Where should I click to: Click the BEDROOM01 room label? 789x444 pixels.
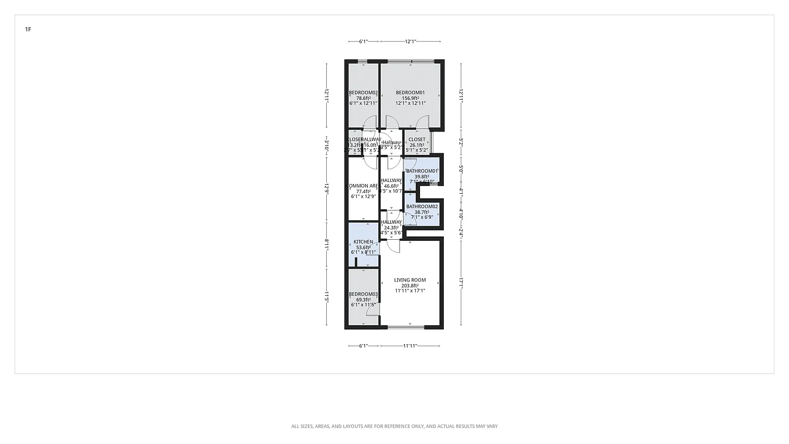coord(410,93)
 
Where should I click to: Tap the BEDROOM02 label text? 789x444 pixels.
coord(363,93)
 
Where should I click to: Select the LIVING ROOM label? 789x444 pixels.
coord(410,280)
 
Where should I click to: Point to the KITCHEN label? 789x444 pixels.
coord(363,242)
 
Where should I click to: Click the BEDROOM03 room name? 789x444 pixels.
coord(363,294)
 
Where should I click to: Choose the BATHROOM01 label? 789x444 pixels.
coord(422,171)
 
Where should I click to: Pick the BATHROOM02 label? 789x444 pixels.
coord(422,206)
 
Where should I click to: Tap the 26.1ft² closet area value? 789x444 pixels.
coord(417,145)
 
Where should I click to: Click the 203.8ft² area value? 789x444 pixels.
coord(410,286)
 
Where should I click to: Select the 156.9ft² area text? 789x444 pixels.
coord(410,98)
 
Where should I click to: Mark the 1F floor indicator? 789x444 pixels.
coord(28,29)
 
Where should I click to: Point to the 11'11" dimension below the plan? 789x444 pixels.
coord(410,346)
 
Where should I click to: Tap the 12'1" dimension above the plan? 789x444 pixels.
coord(411,41)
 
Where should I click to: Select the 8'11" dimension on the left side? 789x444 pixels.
coord(327,244)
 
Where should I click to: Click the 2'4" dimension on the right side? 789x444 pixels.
coord(461,234)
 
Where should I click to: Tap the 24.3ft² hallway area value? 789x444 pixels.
coord(391,228)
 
